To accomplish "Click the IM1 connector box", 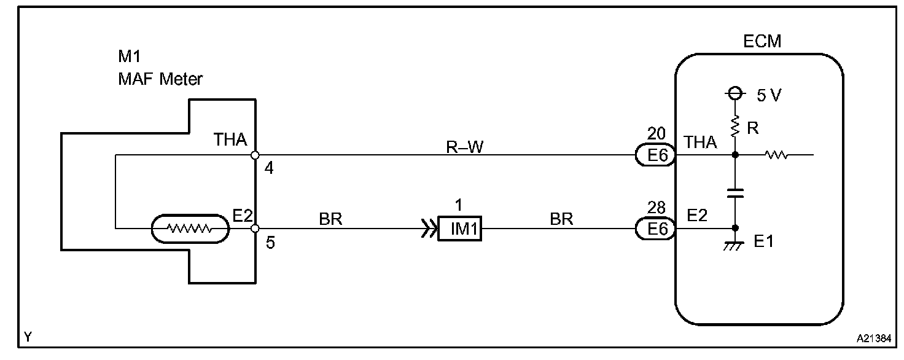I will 459,230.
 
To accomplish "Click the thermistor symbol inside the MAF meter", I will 190,229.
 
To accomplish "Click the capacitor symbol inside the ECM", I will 734,193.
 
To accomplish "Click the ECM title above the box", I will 762,42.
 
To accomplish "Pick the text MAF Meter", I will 160,79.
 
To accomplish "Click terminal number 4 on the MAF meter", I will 269,168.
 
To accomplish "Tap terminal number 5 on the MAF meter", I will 270,243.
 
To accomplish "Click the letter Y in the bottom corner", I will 28,337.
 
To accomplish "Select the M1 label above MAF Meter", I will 130,57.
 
